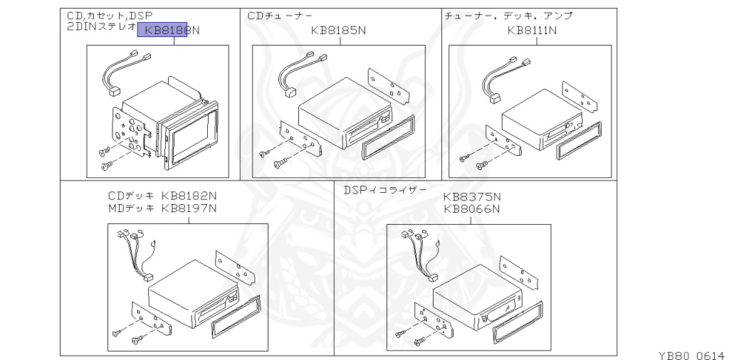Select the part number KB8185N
click(338, 31)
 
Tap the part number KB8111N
click(533, 31)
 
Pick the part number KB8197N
click(189, 208)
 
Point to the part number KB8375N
click(472, 197)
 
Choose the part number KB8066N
click(472, 209)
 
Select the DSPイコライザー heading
click(385, 190)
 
